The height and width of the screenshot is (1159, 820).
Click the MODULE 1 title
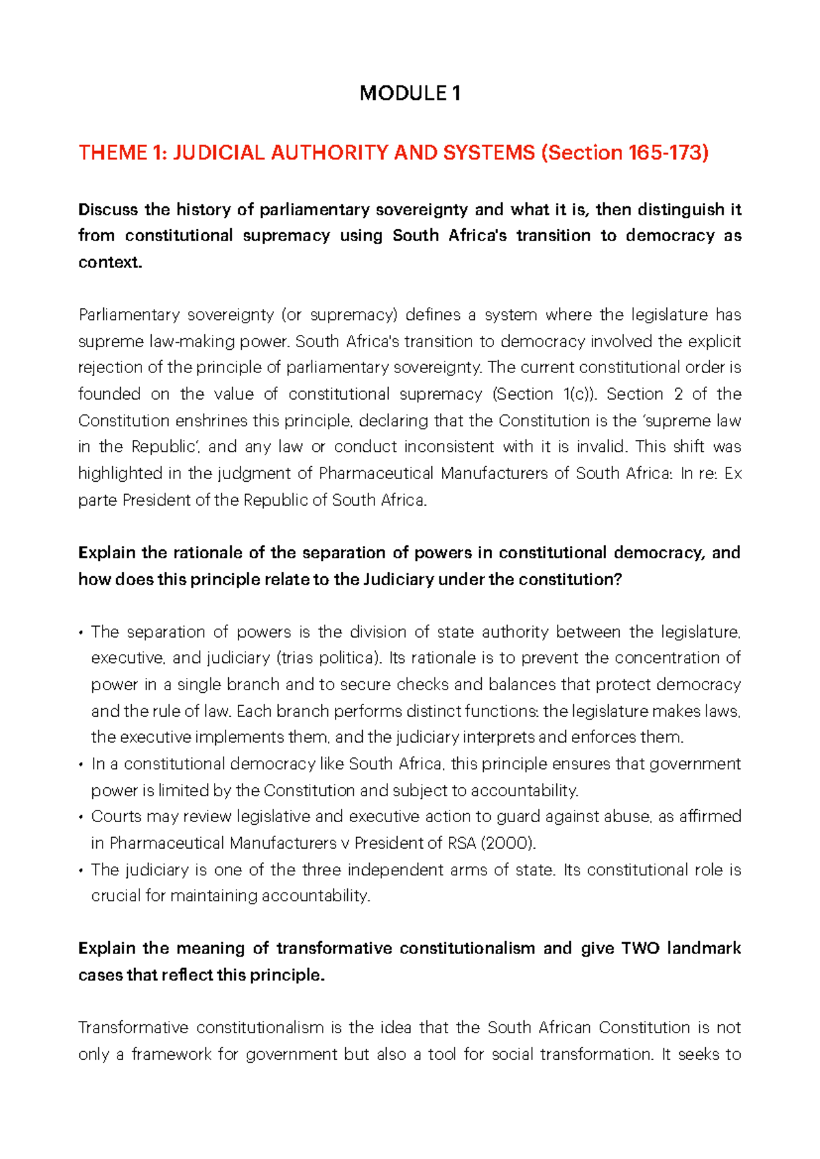point(410,93)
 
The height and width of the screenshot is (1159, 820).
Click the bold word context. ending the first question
point(110,262)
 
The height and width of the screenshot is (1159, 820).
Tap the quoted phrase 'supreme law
point(698,421)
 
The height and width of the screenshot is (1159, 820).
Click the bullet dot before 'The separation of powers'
point(81,633)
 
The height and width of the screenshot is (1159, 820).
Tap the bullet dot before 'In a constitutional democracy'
point(81,765)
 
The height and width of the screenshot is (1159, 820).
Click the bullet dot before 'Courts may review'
point(81,817)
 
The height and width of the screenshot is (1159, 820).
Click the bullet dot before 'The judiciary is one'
point(81,871)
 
